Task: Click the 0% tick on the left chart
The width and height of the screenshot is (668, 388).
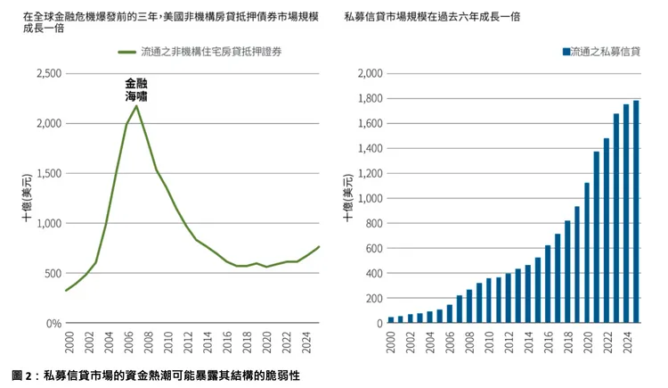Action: coord(51,323)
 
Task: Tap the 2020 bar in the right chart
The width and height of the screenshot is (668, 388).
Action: coord(587,253)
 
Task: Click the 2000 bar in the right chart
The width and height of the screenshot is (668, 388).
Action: coord(391,319)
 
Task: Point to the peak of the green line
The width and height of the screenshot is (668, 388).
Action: coord(136,106)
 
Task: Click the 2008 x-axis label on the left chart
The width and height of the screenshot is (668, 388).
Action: coord(147,343)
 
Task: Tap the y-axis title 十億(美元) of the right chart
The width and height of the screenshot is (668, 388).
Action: coord(347,198)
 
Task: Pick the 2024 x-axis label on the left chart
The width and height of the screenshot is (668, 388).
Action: coord(304,343)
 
